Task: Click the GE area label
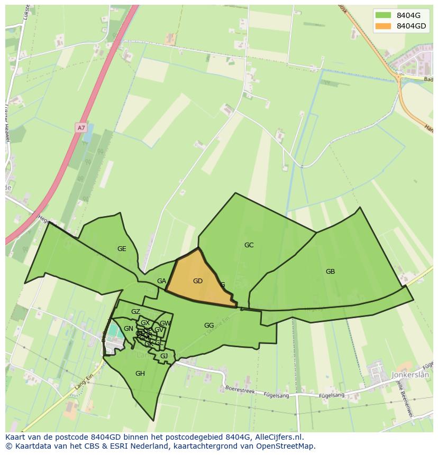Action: point(122,249)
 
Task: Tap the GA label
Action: point(162,282)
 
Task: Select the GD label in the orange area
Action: point(198,281)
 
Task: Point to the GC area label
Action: point(249,245)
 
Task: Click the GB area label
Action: point(330,272)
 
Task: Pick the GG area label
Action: point(209,326)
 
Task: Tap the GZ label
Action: point(135,312)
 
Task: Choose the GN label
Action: point(129,329)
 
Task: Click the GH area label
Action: point(140,374)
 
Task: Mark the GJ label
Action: point(164,356)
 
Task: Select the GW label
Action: point(165,323)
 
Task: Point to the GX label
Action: point(145,323)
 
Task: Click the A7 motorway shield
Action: point(80,128)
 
